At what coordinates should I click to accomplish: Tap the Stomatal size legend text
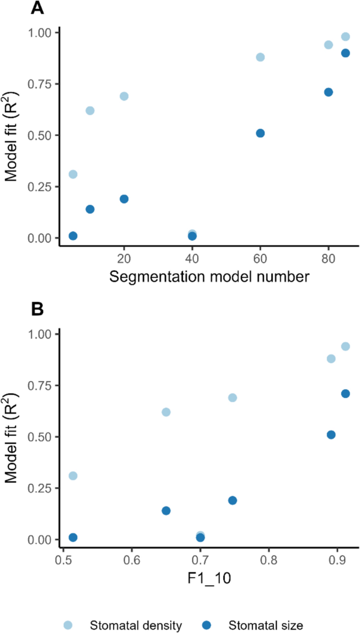(266, 625)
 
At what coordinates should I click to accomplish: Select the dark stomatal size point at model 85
(345, 53)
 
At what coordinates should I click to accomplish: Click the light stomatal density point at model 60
(260, 57)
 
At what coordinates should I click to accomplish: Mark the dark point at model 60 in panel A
(260, 133)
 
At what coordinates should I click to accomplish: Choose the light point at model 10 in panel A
(90, 110)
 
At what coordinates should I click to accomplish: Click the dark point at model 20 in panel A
(124, 199)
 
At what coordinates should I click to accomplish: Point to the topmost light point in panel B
(345, 346)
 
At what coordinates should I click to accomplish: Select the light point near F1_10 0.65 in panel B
(166, 412)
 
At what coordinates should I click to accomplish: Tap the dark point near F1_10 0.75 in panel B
(232, 500)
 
